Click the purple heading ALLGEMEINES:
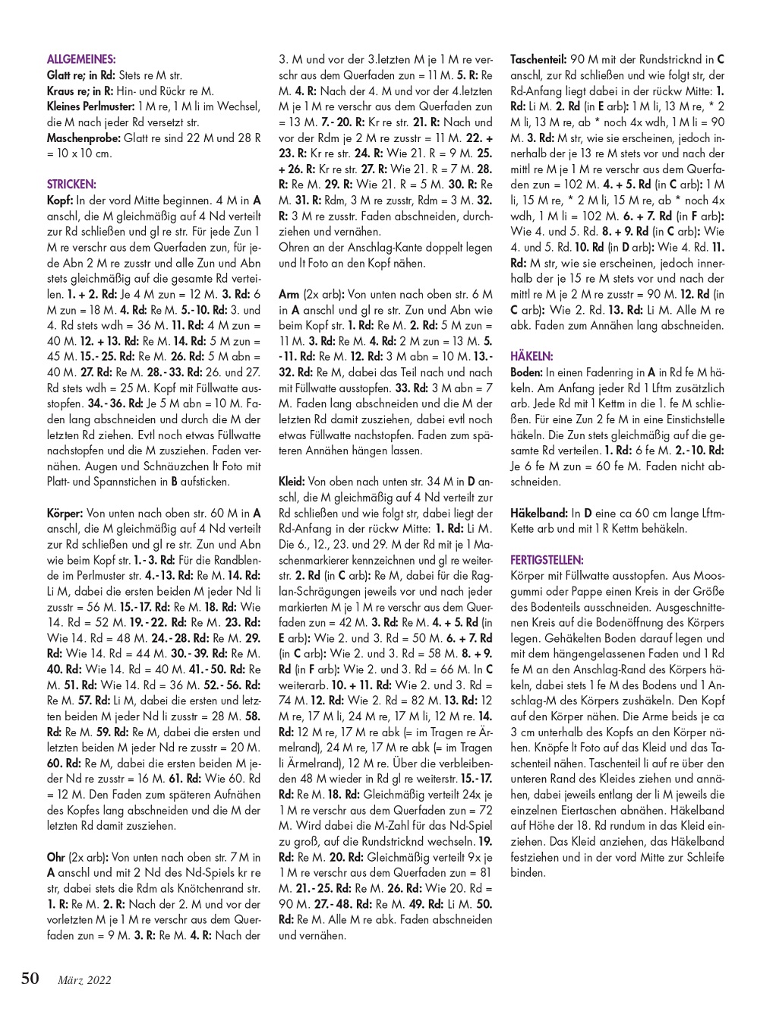81,59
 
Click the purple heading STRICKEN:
71,184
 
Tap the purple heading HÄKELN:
531,356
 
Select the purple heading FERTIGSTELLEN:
547,559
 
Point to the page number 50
30,978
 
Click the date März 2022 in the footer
84,980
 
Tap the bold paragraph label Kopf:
59,200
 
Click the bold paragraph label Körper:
65,514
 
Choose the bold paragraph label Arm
289,293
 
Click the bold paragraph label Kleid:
292,481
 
